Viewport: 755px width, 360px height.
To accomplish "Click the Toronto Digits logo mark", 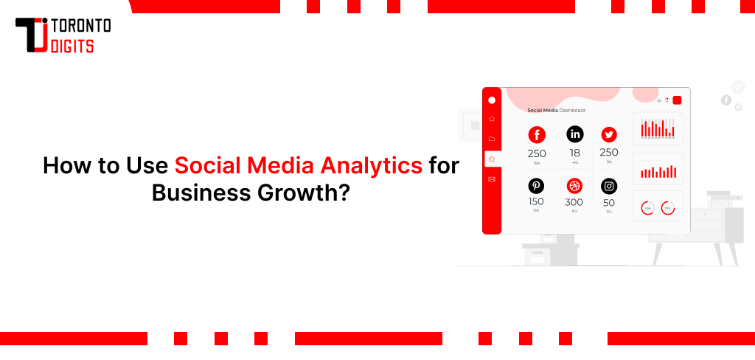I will point(32,35).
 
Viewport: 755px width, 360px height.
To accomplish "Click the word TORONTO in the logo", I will point(82,27).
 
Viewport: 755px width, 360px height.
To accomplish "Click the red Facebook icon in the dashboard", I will point(536,134).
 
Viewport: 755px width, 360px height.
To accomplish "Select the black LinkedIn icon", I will point(574,134).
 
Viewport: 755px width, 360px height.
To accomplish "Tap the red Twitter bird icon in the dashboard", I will point(609,134).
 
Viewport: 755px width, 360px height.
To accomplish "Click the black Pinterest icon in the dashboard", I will point(536,186).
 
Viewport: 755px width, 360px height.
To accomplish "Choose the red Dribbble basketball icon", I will point(574,186).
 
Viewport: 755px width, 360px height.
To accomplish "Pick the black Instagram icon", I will point(609,186).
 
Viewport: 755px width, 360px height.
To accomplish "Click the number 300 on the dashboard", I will point(574,202).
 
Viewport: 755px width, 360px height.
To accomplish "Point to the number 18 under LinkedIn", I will point(574,153).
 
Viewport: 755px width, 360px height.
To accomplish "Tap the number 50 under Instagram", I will point(609,202).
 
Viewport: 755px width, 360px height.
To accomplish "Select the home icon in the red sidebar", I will point(492,119).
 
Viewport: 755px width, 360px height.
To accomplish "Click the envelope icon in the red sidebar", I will point(492,179).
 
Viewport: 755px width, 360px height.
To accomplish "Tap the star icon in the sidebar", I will point(492,158).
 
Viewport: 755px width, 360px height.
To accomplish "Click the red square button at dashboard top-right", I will point(677,100).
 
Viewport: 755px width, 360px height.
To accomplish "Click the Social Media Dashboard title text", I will point(556,111).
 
